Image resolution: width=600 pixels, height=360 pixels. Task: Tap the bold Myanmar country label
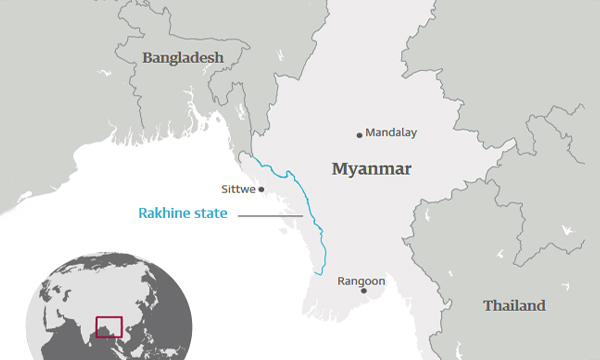(371, 169)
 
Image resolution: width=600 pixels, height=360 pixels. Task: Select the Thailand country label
(514, 305)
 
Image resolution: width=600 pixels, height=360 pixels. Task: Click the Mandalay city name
(391, 132)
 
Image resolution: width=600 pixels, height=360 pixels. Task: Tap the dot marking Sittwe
(261, 189)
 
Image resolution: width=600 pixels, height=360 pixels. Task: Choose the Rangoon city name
(361, 281)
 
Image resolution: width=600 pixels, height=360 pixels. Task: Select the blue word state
(210, 213)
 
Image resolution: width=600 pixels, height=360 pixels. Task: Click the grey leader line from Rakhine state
(270, 214)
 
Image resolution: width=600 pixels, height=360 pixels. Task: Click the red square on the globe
(108, 326)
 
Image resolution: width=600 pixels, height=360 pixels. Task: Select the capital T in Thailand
(487, 305)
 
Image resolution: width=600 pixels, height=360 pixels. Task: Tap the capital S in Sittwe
(222, 188)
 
